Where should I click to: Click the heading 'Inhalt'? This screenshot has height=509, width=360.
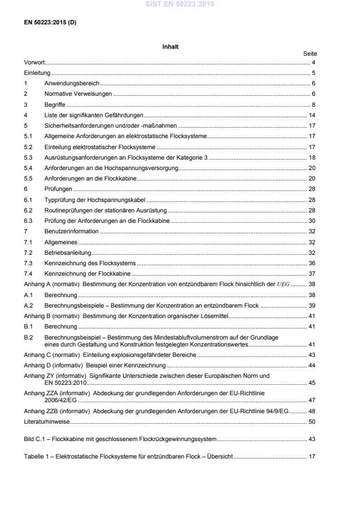[170, 46]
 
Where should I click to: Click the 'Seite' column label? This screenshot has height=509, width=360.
[309, 53]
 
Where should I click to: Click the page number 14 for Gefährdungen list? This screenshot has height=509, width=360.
[312, 115]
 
